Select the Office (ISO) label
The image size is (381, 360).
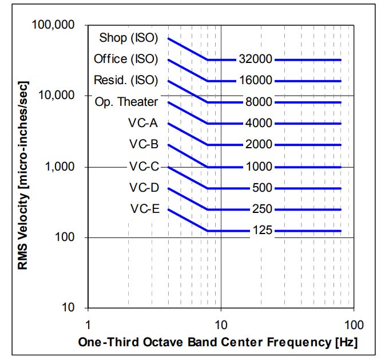pyautogui.click(x=126, y=59)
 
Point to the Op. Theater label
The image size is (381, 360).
pyautogui.click(x=126, y=102)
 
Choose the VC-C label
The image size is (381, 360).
pyautogui.click(x=144, y=167)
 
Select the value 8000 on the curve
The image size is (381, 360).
pyautogui.click(x=260, y=102)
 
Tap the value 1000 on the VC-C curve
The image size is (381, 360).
pyautogui.click(x=260, y=167)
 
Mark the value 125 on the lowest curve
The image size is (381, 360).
pyautogui.click(x=262, y=231)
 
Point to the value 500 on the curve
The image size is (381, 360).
pyautogui.click(x=262, y=188)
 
